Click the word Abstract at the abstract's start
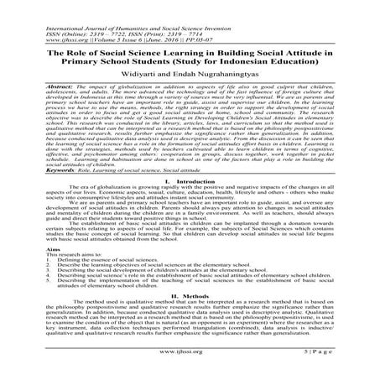pos(37,85)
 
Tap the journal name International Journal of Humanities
pos(75,7)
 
